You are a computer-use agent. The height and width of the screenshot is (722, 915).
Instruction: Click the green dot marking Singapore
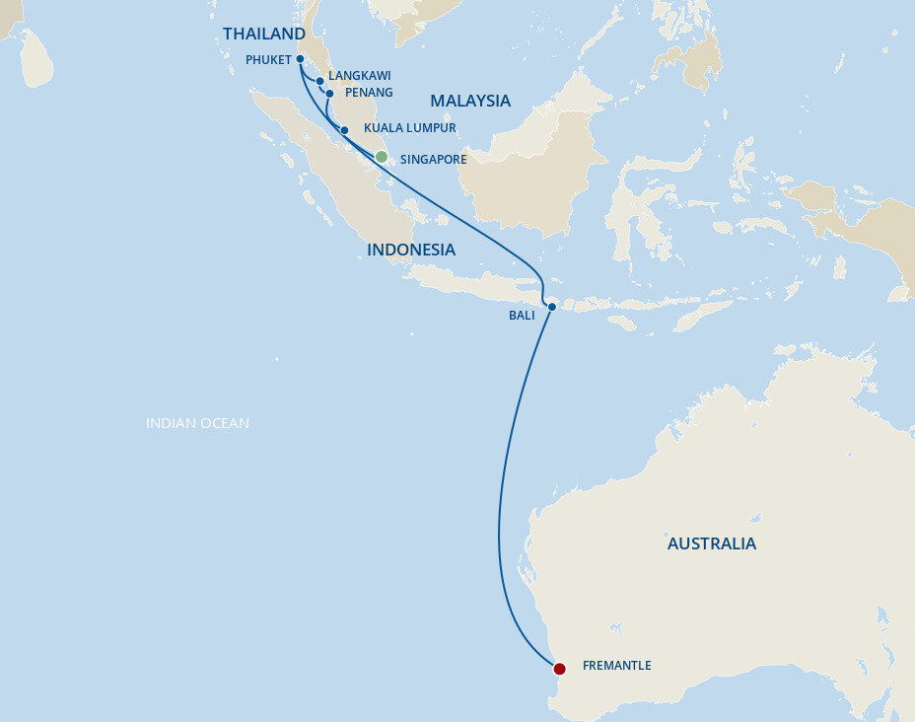pos(382,157)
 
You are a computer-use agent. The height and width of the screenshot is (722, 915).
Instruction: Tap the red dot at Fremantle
pos(559,669)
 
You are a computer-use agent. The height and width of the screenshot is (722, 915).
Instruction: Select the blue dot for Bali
pos(552,307)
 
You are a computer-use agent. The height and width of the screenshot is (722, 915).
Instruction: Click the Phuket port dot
pos(300,59)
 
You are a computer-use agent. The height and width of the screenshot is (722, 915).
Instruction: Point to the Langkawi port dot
pos(320,81)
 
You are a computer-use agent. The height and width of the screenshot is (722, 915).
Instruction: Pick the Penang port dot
pos(330,94)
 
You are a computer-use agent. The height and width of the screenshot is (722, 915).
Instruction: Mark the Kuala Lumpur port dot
pos(344,130)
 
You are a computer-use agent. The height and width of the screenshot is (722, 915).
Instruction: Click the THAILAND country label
pos(264,35)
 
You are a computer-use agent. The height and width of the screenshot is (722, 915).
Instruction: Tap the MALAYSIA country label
pos(469,101)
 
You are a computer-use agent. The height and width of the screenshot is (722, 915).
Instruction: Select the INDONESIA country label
pos(411,250)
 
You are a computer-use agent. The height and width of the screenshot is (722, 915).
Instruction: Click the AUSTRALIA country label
pos(712,543)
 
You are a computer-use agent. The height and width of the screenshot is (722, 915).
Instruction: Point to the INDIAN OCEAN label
pos(197,423)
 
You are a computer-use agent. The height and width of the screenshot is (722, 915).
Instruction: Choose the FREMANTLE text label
pos(616,666)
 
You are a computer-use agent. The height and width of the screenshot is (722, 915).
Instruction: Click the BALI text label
pos(522,316)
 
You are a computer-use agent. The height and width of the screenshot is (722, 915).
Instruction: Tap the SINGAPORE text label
pos(433,159)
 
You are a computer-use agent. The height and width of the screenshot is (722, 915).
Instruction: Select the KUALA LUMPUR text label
pos(409,128)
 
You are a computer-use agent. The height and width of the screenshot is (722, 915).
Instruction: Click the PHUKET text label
pos(268,59)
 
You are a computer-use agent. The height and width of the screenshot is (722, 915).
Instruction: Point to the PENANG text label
pos(369,93)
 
